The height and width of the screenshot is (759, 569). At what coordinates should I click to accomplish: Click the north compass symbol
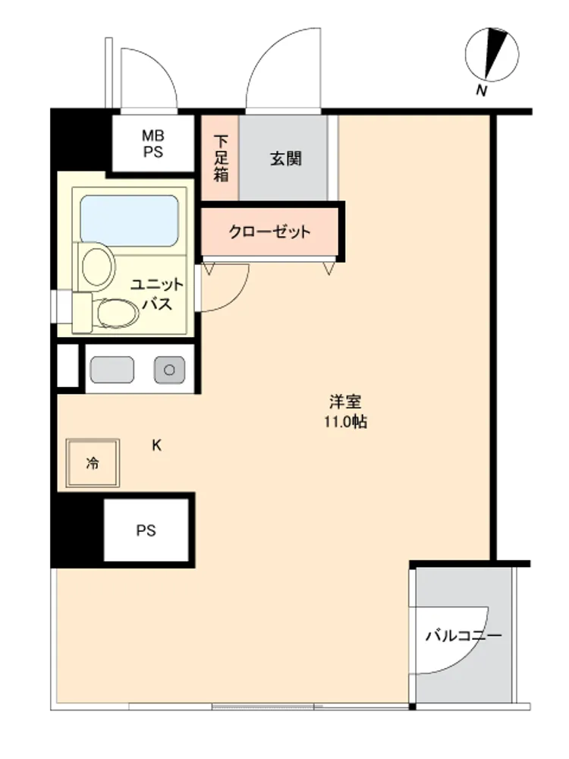pos(492,54)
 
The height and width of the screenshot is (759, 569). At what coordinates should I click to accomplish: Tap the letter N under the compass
pos(481,90)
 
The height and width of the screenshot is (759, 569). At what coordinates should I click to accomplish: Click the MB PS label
pos(153,143)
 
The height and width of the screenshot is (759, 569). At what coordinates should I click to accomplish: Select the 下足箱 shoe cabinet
pos(220,158)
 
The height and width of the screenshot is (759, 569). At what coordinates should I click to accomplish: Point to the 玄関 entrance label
pos(285,159)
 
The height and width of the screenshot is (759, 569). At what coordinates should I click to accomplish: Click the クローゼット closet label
pos(269,231)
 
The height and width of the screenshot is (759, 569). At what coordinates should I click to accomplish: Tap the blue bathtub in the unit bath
pos(129,221)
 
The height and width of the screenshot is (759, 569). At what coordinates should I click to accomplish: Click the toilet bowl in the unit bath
pos(118,313)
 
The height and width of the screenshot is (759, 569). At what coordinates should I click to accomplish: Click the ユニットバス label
pos(157,294)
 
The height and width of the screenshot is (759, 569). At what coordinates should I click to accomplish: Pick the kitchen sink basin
pos(112,370)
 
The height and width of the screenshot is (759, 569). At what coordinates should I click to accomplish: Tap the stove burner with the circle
pos(169,370)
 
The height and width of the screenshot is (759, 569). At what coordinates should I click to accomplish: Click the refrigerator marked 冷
pos(93,463)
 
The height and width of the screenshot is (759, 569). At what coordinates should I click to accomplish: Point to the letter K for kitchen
pos(157,446)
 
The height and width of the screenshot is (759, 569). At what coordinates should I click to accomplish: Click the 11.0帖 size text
pos(345,422)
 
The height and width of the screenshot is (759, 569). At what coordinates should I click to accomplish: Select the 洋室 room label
pos(345,402)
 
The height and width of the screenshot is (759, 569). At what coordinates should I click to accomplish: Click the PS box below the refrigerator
pos(146,530)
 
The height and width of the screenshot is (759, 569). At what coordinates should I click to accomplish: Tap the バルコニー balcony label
pos(464,635)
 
